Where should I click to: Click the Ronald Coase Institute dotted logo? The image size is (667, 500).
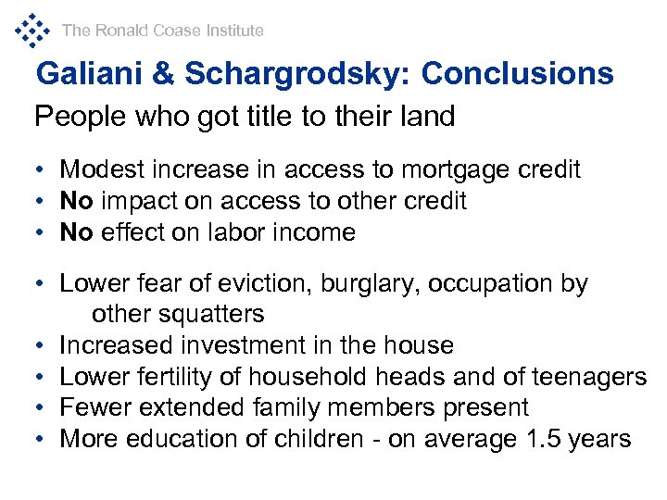pos(32,30)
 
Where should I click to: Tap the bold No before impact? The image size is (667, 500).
pos(76,201)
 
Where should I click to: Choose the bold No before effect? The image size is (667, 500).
pos(76,232)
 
